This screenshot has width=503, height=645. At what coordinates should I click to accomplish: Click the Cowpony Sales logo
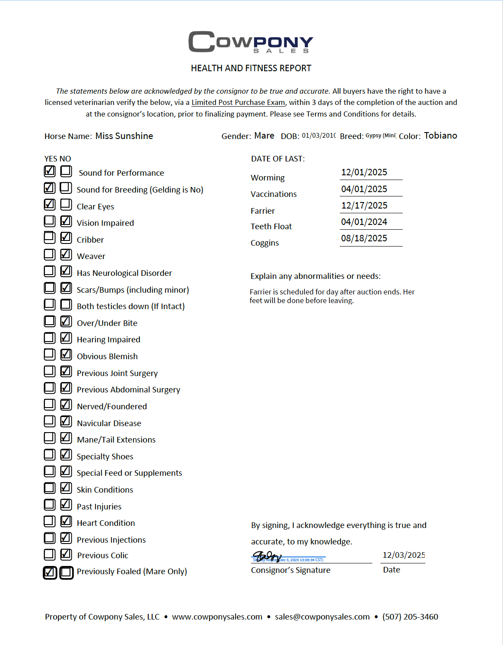pos(251,42)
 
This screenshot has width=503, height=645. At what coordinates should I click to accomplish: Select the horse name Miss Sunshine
pos(124,136)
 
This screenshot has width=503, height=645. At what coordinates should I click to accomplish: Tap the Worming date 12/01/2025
pos(364,172)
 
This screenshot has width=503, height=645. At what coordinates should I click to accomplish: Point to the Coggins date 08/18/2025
pos(364,238)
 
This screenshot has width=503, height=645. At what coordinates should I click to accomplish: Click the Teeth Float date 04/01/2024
pos(364,222)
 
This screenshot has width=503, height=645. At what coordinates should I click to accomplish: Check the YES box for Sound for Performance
pos(50,171)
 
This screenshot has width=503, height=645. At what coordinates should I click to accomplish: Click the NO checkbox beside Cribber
pos(66,237)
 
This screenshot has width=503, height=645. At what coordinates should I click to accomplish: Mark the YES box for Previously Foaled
pos(50,572)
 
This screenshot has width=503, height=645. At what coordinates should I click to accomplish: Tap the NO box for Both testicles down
pos(66,304)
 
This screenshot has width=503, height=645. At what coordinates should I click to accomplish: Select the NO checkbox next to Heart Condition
pos(66,521)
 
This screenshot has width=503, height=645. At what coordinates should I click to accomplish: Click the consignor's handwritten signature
pos(267,556)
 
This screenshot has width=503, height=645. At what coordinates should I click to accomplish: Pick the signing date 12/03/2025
pos(404,555)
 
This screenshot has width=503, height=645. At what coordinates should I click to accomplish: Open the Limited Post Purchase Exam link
pos(238,103)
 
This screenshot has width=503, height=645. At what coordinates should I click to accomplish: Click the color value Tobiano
pos(440,136)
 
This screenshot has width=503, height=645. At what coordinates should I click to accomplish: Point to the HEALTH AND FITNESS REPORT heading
pos(251,68)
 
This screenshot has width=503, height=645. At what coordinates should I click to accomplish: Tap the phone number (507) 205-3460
pos(410,617)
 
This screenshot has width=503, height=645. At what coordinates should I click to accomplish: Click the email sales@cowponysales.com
pos(322,617)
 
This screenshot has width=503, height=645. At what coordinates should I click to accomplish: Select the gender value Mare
pos(264,136)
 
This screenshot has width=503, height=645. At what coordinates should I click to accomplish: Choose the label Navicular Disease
pos(109,424)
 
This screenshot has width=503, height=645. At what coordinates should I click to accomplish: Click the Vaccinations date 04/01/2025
pos(364,189)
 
